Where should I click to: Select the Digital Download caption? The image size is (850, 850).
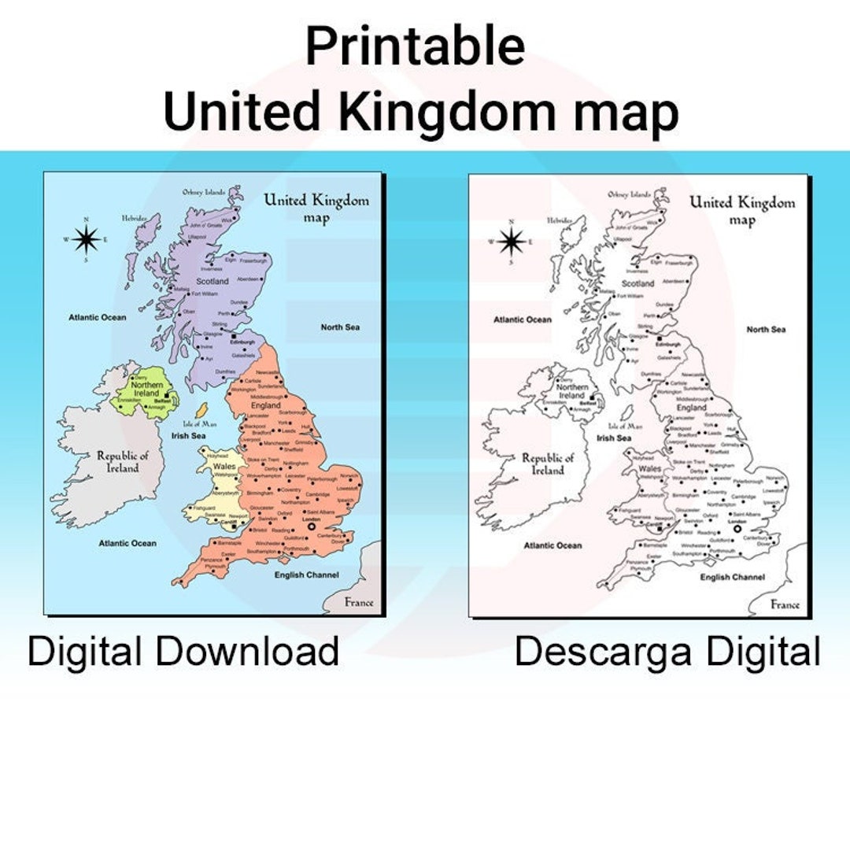183,652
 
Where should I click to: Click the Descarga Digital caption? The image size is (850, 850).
667,652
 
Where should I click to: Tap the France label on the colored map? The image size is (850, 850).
358,602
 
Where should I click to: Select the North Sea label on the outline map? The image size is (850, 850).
766,329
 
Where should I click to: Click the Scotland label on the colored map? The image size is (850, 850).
212,281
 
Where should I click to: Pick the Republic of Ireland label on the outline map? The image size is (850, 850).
548,464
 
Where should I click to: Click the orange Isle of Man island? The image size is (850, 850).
201,411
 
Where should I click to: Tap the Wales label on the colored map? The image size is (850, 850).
224,466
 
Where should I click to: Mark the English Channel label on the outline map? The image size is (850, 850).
732,577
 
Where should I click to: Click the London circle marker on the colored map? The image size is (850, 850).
311,527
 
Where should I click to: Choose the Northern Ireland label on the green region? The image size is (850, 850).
147,389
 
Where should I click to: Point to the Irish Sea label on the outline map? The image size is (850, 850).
614,438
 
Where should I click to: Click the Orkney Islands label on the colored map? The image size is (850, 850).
203,191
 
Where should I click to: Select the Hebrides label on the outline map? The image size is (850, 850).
560,220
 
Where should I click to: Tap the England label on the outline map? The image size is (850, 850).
692,408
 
